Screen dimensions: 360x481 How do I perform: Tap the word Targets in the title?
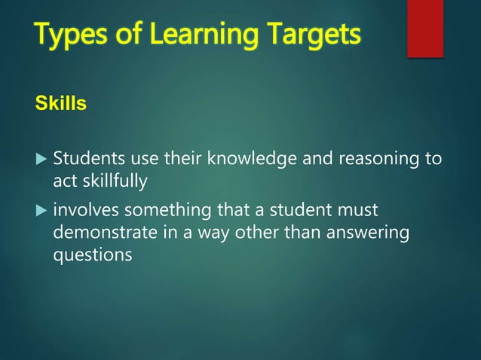click(x=302, y=34)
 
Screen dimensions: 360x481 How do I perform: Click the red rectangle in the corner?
click(x=425, y=28)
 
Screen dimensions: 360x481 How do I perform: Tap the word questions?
click(x=93, y=255)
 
